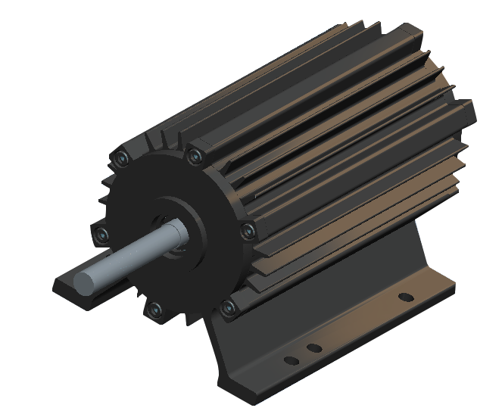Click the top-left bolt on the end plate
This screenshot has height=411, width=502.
click(122, 158)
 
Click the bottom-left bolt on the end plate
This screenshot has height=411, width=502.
click(154, 309)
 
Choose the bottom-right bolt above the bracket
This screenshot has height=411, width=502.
click(227, 306)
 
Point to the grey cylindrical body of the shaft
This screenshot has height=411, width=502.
click(136, 250)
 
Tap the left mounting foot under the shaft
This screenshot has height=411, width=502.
click(76, 291)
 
